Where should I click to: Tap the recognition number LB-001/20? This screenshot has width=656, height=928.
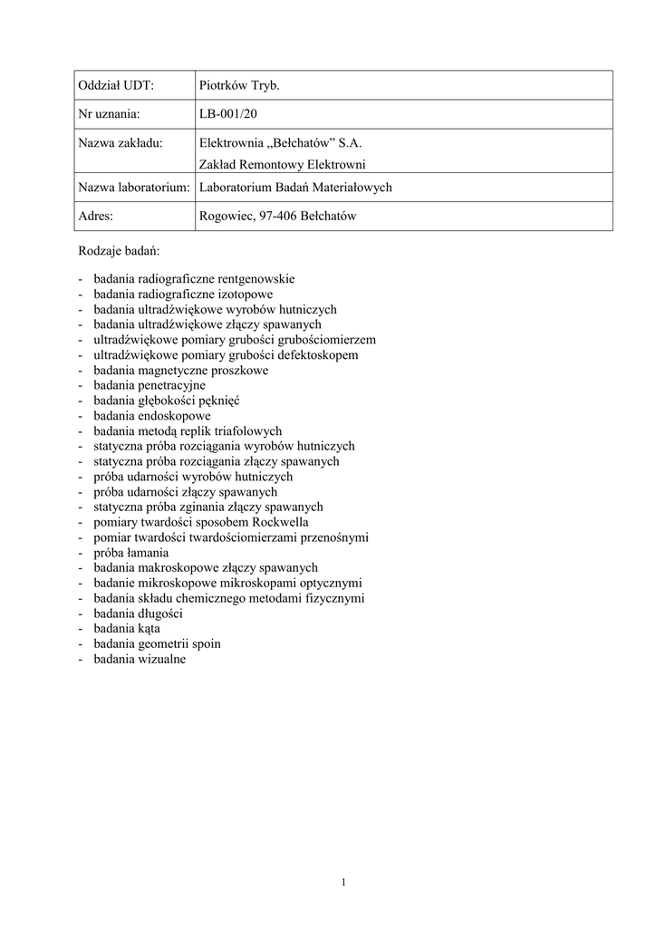(234, 114)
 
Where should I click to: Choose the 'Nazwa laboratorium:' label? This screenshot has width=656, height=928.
(133, 188)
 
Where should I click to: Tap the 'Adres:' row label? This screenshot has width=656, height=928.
(96, 217)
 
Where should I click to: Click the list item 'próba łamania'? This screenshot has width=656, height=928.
(130, 553)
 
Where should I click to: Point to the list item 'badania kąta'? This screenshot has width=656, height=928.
(127, 629)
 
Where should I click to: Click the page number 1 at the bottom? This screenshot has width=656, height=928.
(344, 883)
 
